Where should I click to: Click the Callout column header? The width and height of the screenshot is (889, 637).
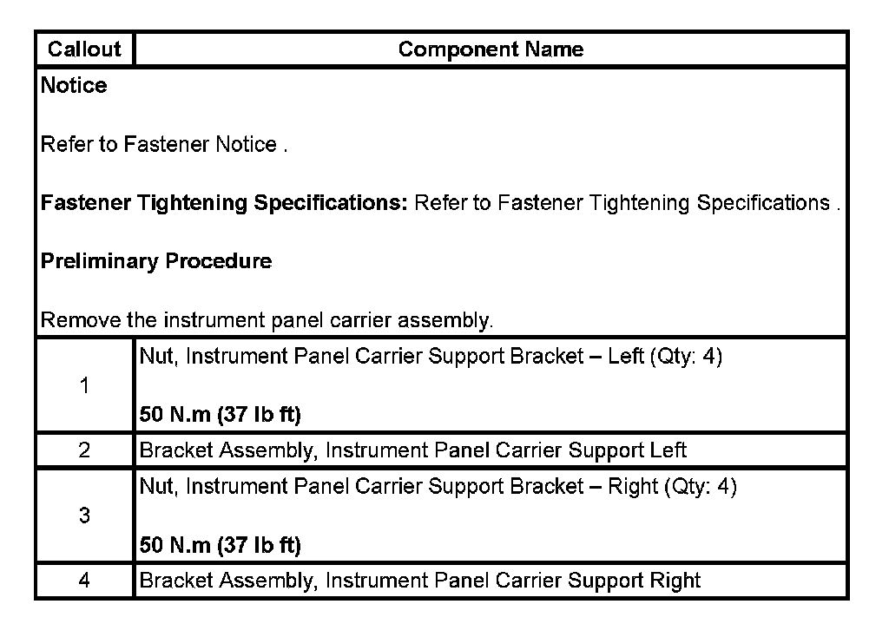[x=84, y=49]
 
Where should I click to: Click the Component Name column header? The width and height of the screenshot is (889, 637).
[x=491, y=49]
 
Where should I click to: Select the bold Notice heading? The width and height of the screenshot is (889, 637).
[x=75, y=86]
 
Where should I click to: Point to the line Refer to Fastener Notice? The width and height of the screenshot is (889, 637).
[x=163, y=145]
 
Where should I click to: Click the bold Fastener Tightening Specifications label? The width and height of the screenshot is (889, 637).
[x=224, y=203]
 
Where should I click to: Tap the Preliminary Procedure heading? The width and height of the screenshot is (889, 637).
[x=156, y=261]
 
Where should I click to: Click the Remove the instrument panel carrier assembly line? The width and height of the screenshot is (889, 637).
[x=267, y=320]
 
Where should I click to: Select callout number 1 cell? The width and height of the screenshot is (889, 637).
[x=84, y=386]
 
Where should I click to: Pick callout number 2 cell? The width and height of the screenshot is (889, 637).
[x=84, y=450]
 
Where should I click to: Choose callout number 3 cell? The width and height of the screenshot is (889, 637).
[x=84, y=516]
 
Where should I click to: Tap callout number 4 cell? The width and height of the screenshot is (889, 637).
[x=84, y=580]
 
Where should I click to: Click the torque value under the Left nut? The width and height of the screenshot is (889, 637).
[x=221, y=416]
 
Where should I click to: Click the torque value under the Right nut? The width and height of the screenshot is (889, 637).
[x=221, y=546]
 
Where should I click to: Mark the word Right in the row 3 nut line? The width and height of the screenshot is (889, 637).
[x=633, y=487]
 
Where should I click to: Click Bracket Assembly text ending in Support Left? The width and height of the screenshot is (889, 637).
[x=412, y=450]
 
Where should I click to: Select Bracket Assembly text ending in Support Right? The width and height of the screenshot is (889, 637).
[x=419, y=580]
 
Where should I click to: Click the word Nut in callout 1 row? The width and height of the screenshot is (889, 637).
[x=157, y=358]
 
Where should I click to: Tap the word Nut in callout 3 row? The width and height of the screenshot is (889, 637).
[x=157, y=487]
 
